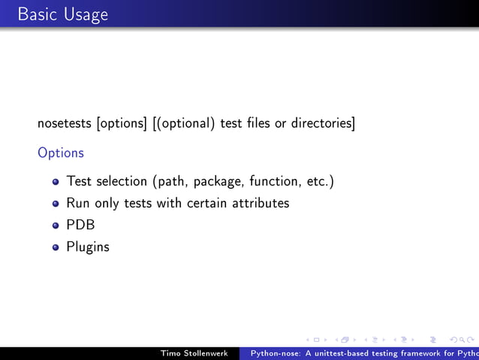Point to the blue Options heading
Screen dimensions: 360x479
click(x=61, y=153)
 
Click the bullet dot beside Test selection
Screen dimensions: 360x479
click(x=56, y=182)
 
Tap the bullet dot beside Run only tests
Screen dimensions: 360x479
click(x=56, y=204)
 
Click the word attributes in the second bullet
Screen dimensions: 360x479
click(x=259, y=203)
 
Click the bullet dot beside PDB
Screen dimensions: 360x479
click(x=56, y=225)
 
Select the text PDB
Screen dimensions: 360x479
click(x=80, y=225)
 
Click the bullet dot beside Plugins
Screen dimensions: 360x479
click(x=56, y=247)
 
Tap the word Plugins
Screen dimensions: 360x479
click(x=88, y=247)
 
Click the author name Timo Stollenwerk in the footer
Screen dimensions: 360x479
click(x=194, y=353)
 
